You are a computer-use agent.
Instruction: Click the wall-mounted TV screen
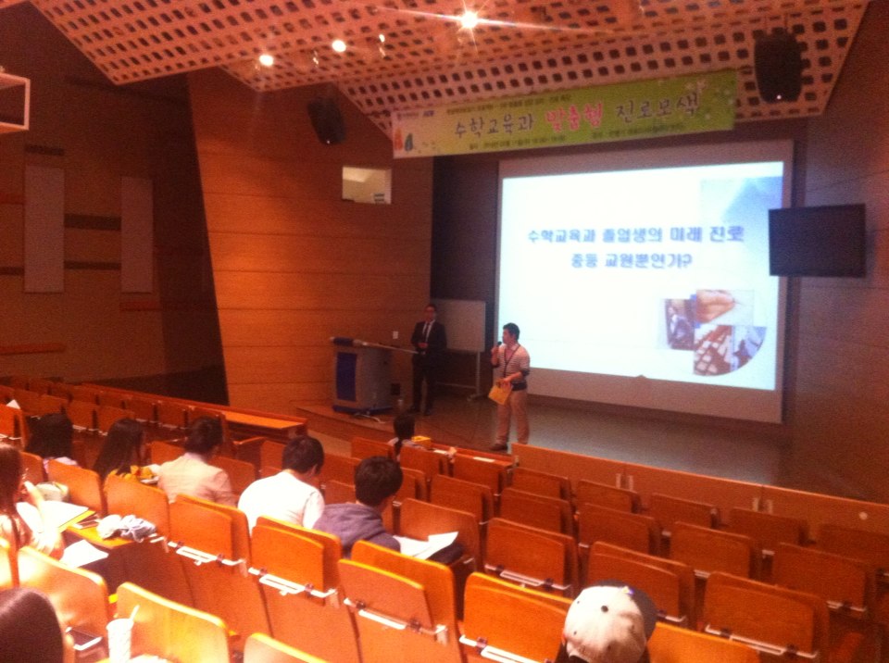coord(817,241)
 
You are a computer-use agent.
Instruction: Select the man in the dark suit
coord(427,357)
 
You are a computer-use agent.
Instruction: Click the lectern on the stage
coord(361,375)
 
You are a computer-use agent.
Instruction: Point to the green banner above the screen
coord(565,114)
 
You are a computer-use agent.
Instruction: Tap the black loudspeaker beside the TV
coord(777,66)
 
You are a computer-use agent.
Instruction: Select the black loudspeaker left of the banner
coord(327,120)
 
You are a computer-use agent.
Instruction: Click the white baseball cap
coord(607,623)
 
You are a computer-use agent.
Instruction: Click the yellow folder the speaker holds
coord(500,393)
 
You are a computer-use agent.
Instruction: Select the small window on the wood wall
coord(366,184)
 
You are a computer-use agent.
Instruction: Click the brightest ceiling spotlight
coord(470,19)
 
